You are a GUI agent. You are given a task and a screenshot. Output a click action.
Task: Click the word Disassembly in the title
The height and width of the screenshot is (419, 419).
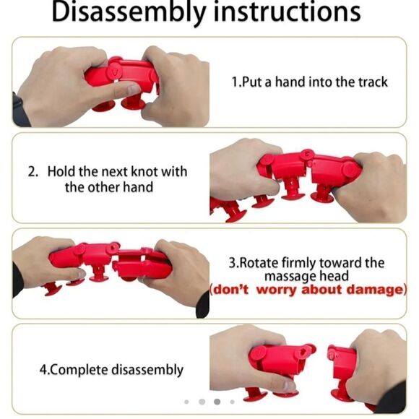tap(129, 12)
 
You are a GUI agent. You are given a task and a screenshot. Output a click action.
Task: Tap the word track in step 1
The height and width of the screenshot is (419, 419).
tap(373, 82)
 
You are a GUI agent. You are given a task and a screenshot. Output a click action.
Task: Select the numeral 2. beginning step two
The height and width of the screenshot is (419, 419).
tap(33, 171)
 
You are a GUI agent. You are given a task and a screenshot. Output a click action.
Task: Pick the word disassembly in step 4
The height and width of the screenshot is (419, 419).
tap(147, 370)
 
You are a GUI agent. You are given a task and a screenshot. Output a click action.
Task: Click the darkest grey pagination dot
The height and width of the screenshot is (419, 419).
tap(217, 402)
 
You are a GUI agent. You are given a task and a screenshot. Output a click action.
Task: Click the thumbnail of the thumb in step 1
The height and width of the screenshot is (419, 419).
tap(133, 90)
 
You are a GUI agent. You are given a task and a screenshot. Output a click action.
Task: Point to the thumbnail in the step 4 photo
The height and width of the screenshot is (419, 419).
tap(289, 386)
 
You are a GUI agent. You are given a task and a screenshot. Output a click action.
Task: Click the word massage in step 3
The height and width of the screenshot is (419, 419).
tap(286, 277)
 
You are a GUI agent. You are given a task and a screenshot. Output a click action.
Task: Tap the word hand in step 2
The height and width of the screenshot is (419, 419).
tap(138, 187)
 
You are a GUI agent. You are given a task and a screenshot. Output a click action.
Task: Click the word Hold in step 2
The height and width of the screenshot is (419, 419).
tap(61, 171)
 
